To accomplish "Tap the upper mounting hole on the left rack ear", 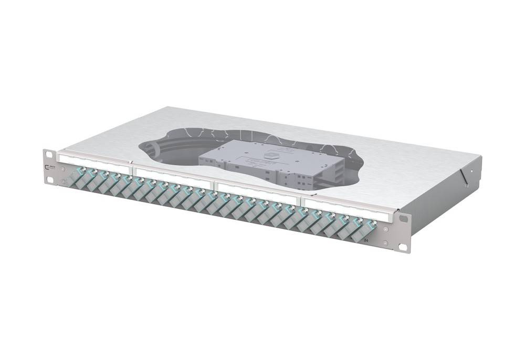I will pyautogui.click(x=49, y=154).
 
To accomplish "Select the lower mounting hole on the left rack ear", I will pyautogui.click(x=50, y=179).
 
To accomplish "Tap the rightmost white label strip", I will pyautogui.click(x=349, y=208).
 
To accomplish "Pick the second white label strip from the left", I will pyautogui.click(x=174, y=173).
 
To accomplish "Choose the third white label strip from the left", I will pyautogui.click(x=258, y=190).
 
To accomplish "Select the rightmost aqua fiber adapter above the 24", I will pyautogui.click(x=371, y=227).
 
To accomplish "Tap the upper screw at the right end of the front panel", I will pyautogui.click(x=387, y=229).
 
